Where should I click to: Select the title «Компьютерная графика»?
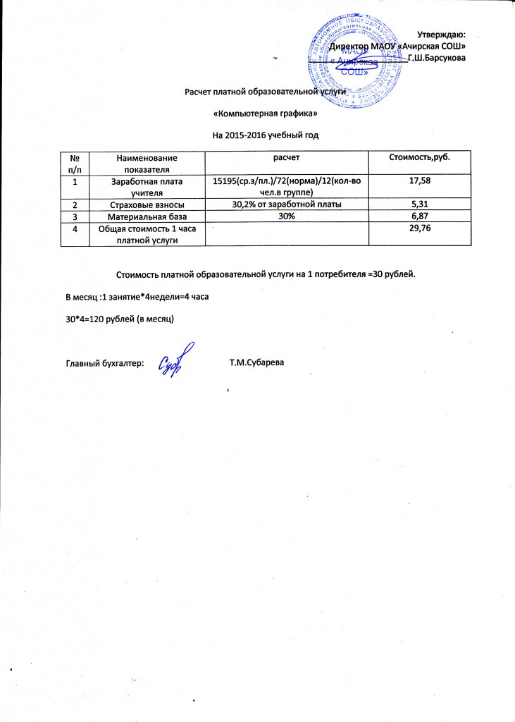click(261, 113)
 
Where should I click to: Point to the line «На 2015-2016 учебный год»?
click(262, 133)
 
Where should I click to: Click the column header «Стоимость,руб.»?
click(420, 156)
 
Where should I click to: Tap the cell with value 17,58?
click(420, 182)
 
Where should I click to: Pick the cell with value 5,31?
click(420, 204)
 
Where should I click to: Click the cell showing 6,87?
click(420, 216)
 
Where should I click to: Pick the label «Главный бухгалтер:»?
click(105, 363)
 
